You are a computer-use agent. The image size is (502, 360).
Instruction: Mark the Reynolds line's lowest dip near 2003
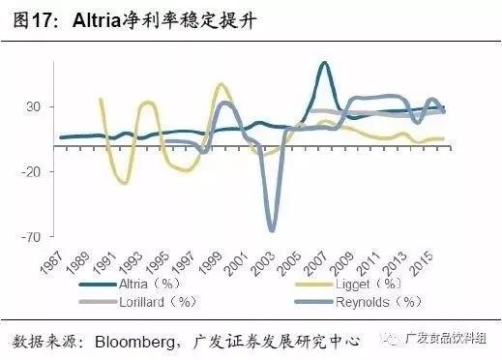point(272,229)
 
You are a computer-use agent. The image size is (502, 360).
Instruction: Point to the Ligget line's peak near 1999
point(221,84)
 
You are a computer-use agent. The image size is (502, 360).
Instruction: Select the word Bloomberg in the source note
point(132,341)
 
